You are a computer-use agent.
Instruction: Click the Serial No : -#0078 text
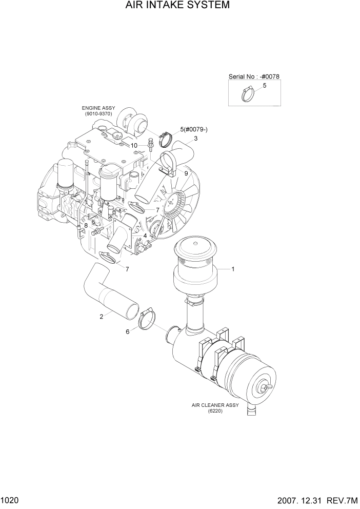click(x=254, y=76)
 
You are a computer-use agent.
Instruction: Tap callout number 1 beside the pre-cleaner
click(x=233, y=268)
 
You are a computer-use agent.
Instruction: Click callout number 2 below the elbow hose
click(x=102, y=317)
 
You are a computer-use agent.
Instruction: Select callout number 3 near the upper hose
click(x=196, y=139)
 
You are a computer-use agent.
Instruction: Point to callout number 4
click(x=146, y=236)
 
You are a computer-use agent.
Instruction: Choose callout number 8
click(x=86, y=225)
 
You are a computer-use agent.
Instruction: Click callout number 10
click(x=134, y=145)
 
